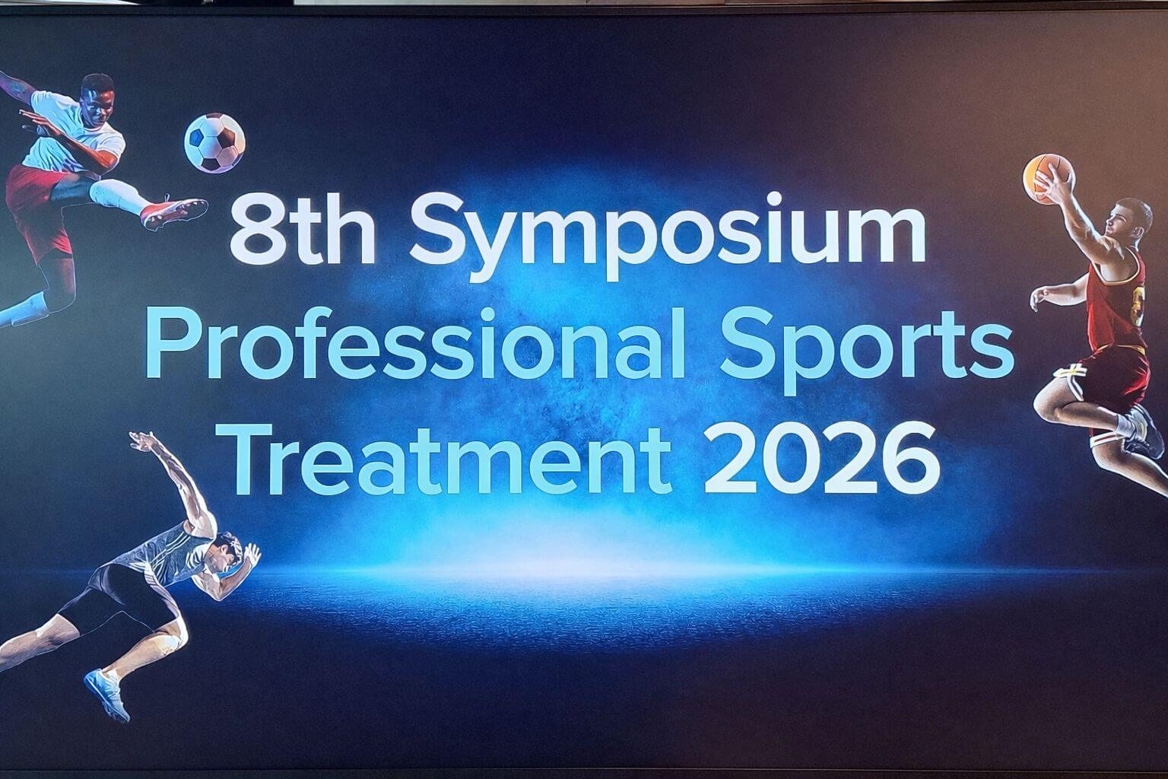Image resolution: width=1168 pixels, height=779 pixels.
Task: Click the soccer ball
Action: tap(214, 143)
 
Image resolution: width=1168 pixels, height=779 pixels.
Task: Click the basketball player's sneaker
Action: tap(1144, 431)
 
